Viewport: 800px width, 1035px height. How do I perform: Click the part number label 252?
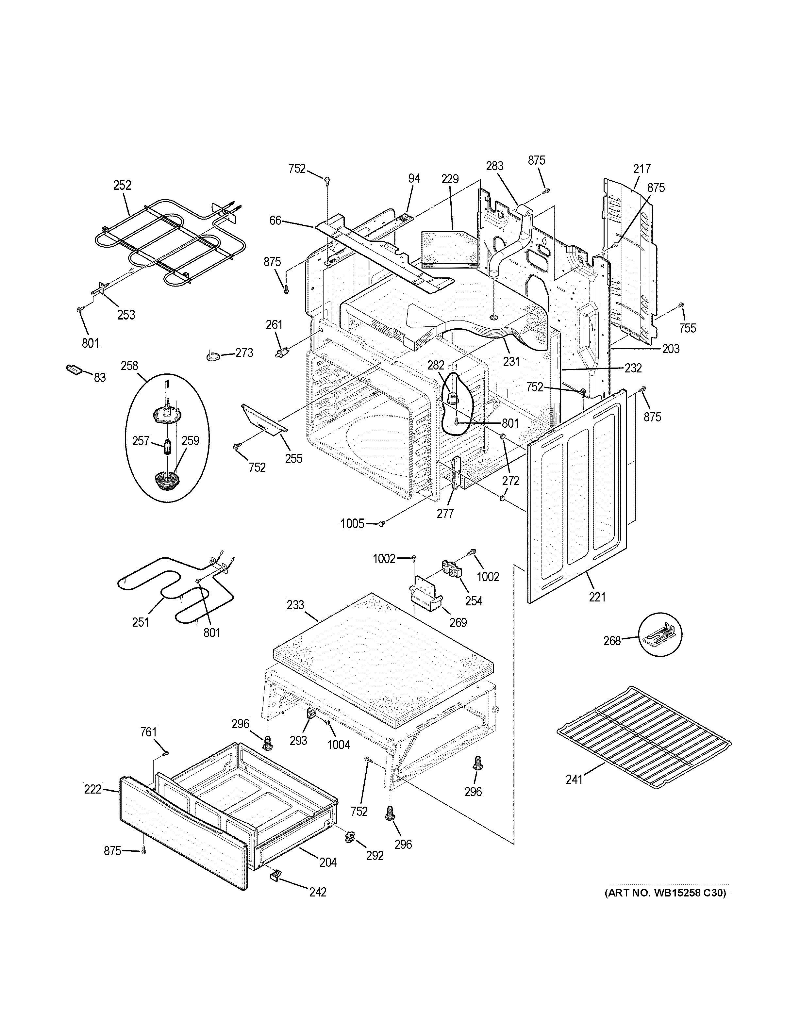point(122,185)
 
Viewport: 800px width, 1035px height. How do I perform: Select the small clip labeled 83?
point(74,369)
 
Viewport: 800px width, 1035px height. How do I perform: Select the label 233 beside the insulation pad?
point(295,605)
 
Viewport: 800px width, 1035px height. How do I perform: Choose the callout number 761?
point(148,732)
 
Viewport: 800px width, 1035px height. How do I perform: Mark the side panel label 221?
point(597,598)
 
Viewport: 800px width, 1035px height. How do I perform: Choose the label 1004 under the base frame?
point(338,745)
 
